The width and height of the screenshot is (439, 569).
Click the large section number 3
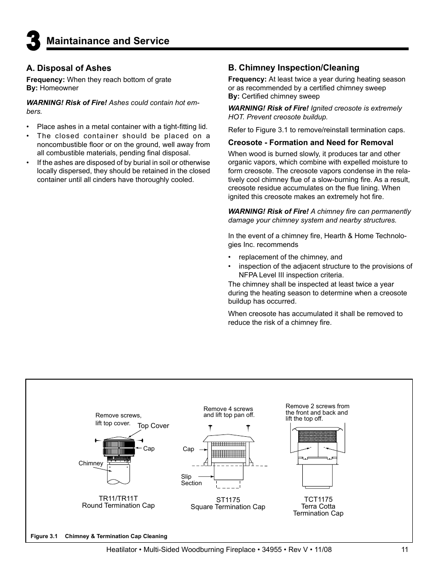(x=33, y=41)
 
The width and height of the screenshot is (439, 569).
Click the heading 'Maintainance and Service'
(x=108, y=41)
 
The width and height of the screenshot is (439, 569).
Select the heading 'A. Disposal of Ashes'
(x=69, y=68)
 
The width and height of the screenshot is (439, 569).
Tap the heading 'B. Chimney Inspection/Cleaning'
(x=294, y=68)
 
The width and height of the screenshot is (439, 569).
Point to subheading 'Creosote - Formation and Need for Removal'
(x=311, y=142)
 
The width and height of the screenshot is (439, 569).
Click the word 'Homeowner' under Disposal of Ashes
(x=59, y=88)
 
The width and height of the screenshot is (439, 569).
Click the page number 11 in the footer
(x=404, y=549)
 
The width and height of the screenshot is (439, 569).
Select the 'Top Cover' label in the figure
(x=153, y=426)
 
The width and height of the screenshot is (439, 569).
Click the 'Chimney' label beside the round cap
(x=91, y=463)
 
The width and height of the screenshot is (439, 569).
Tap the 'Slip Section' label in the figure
(x=191, y=480)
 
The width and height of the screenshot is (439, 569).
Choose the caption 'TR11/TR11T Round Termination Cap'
(x=118, y=502)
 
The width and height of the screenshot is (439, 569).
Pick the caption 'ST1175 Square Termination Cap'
(x=228, y=503)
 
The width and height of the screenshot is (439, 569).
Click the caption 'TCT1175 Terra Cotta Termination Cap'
(x=318, y=506)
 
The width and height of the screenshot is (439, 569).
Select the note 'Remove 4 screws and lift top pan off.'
(x=229, y=411)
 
